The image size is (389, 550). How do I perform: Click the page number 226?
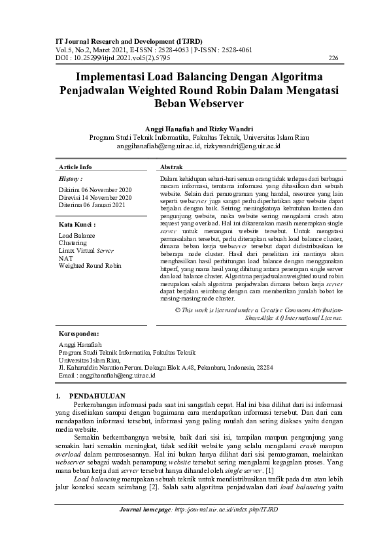pyautogui.click(x=333, y=58)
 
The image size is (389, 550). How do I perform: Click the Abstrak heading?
pyautogui.click(x=171, y=167)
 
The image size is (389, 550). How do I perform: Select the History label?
pyautogui.click(x=70, y=178)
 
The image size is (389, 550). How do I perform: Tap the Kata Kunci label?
pyautogui.click(x=76, y=224)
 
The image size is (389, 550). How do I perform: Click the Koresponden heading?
pyautogui.click(x=79, y=332)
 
